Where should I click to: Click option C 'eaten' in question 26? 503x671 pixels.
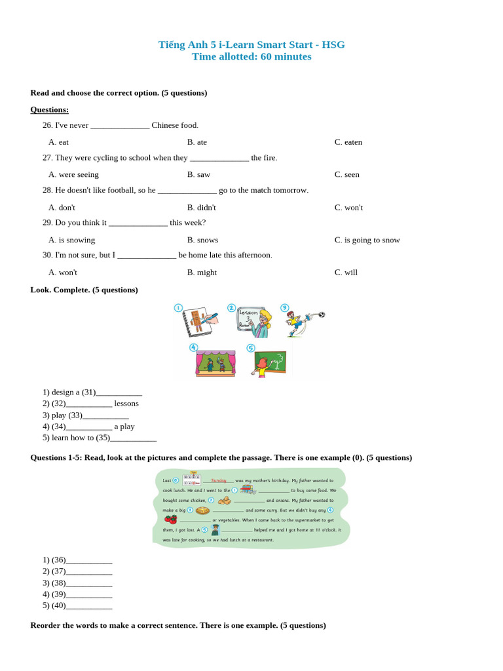[x=348, y=142]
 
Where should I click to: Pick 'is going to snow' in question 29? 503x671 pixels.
[x=367, y=240]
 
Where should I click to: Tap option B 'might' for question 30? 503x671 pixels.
[x=202, y=273]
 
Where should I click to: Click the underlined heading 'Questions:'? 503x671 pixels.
[x=49, y=109]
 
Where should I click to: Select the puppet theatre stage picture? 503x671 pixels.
[x=215, y=362]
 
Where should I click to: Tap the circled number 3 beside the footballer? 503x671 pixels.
[x=284, y=307]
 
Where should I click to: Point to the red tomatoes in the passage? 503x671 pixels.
[x=171, y=519]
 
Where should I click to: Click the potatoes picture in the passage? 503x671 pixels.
[x=224, y=501]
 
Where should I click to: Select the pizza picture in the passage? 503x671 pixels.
[x=202, y=510]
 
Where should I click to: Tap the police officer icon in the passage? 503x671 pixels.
[x=215, y=529]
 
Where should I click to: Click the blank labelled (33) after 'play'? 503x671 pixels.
[x=105, y=415]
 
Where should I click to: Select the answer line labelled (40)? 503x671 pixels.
[x=88, y=605]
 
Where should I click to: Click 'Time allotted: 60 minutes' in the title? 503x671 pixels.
[x=251, y=57]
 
